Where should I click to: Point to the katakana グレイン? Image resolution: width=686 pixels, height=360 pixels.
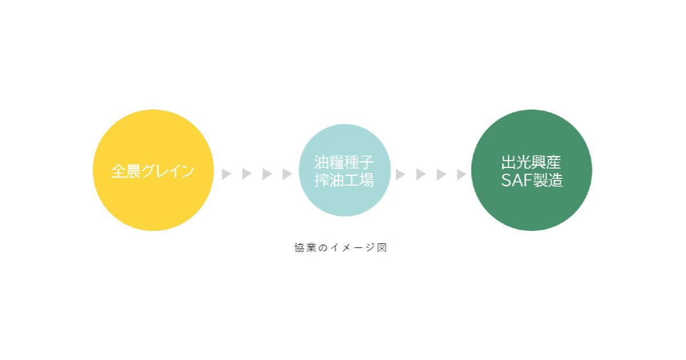coord(169,171)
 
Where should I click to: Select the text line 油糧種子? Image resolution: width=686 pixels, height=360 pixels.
coord(345,162)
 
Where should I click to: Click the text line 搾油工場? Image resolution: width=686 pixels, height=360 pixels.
coord(345,181)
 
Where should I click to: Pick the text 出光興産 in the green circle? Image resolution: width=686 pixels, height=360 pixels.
coord(532,162)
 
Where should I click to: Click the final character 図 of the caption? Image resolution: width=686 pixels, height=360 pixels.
coord(382,248)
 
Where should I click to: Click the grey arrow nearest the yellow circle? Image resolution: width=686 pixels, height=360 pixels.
coord(226,174)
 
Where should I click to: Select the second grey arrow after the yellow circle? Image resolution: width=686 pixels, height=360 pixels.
coord(246,174)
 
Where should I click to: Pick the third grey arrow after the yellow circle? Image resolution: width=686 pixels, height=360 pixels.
coord(267,174)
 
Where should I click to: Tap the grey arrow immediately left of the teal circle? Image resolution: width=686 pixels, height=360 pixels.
coord(287,174)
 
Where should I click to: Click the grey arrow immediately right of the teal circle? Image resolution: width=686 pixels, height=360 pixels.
coord(400,174)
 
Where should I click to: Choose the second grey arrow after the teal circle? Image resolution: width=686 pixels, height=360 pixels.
coord(421,174)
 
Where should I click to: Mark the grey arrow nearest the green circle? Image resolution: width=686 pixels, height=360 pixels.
coord(461,174)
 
